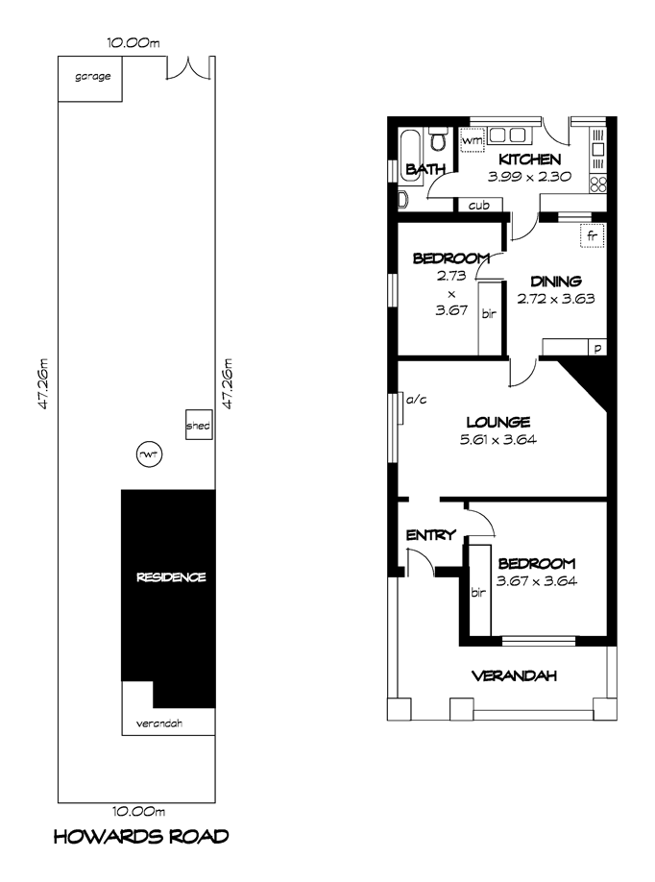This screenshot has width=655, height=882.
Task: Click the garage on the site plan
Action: [x=90, y=79]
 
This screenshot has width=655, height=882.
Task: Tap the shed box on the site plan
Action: [x=199, y=425]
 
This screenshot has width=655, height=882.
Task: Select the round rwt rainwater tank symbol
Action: [x=150, y=453]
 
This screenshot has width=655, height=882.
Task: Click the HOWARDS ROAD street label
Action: [x=141, y=837]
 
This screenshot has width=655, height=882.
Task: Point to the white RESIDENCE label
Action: [x=171, y=577]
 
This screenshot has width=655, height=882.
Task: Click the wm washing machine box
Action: [x=473, y=140]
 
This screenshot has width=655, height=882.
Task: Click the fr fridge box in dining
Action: [x=592, y=235]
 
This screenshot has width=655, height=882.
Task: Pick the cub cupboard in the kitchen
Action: [x=478, y=206]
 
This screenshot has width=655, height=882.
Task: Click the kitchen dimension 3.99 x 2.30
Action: [x=529, y=177]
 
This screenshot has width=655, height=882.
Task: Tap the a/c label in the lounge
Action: [x=417, y=400]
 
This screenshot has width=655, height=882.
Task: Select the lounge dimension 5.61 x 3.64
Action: [x=498, y=439]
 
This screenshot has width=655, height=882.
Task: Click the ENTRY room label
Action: [x=430, y=535]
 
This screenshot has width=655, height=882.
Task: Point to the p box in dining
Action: [x=597, y=348]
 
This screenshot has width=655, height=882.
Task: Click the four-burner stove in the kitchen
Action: [x=597, y=184]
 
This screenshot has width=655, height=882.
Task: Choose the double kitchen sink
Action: [x=507, y=135]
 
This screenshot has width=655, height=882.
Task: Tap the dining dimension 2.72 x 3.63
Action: [x=556, y=299]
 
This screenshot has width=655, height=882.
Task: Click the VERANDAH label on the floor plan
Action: [x=514, y=675]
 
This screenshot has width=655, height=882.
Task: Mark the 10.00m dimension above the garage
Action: [x=133, y=42]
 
